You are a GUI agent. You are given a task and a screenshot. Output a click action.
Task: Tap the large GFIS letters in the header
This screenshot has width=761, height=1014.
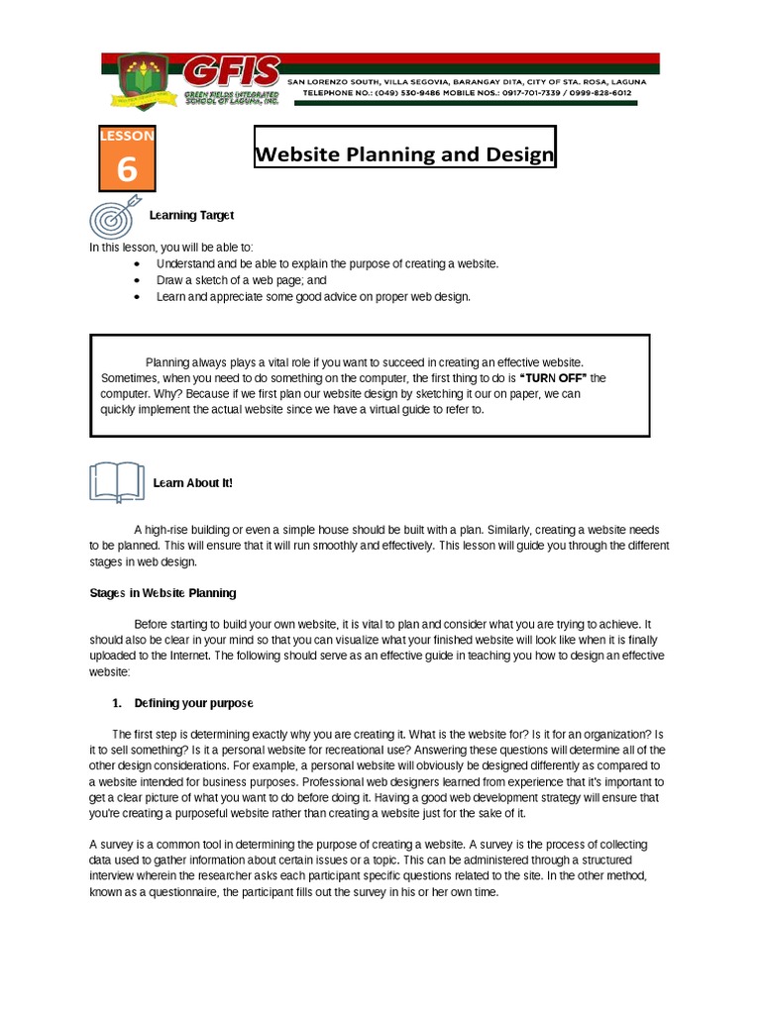click(230, 72)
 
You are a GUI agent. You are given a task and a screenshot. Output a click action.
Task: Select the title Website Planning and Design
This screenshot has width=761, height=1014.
click(404, 155)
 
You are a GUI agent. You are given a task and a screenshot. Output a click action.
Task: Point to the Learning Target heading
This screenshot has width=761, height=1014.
click(191, 215)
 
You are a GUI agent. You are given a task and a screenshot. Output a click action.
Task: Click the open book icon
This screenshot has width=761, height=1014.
click(116, 482)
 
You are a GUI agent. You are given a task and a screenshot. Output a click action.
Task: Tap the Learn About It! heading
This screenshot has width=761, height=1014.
click(192, 482)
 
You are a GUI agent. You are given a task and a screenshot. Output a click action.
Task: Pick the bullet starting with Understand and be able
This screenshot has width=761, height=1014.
click(327, 264)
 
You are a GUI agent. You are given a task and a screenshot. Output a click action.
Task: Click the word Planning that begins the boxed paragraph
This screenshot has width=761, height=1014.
click(168, 362)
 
